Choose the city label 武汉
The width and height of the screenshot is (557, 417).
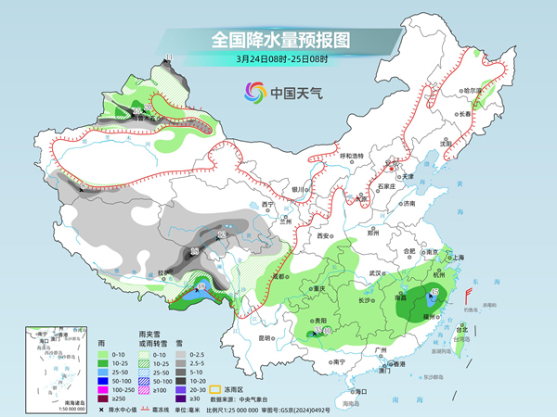[376, 273]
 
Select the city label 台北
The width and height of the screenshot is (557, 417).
[460, 327]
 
